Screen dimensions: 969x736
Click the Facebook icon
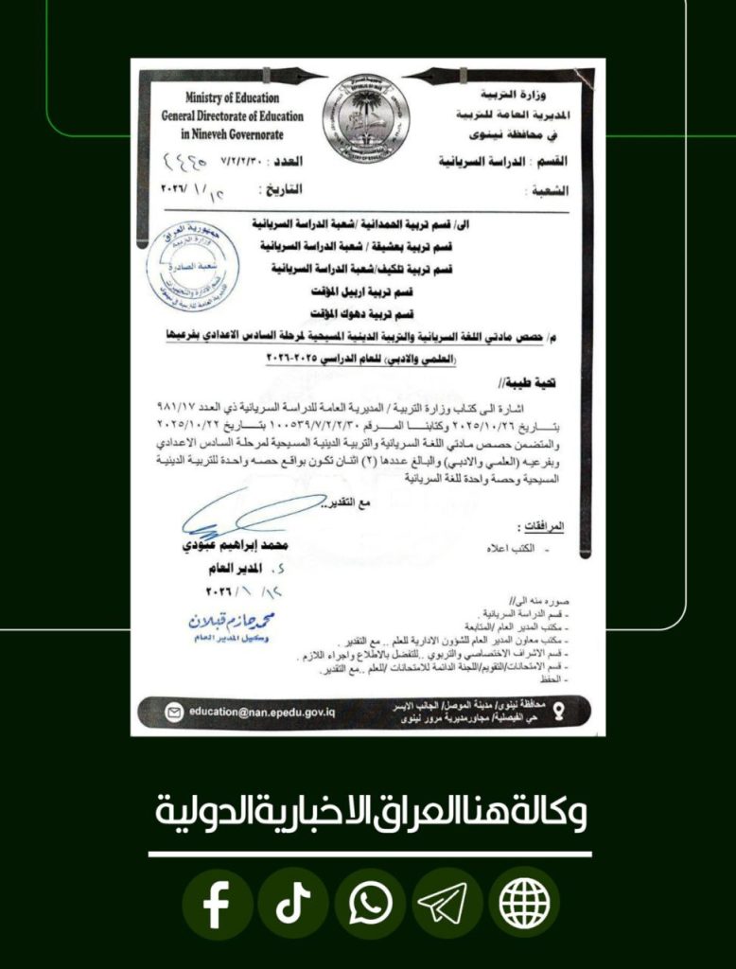[217, 905]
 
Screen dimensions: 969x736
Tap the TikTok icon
[293, 905]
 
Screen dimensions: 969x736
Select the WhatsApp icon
[370, 905]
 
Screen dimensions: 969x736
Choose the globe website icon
[524, 905]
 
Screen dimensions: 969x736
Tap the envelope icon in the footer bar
[174, 713]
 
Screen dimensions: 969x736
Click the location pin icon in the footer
[556, 712]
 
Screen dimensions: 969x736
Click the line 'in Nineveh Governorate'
[232, 132]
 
